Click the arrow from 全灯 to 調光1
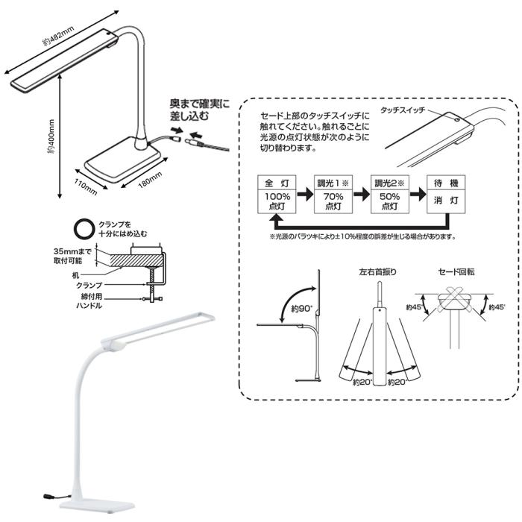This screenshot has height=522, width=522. point(304,194)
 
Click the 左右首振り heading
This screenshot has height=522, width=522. point(377,273)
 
